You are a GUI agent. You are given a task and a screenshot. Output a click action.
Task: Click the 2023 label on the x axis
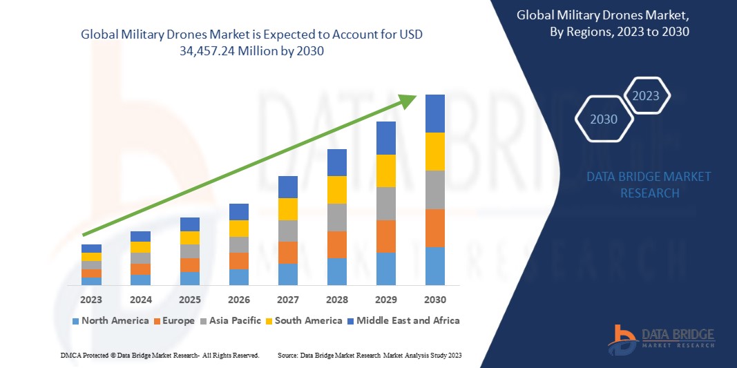pos(91,300)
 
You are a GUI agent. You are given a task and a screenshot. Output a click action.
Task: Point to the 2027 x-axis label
pos(287,300)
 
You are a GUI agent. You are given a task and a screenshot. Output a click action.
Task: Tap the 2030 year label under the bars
pos(434,300)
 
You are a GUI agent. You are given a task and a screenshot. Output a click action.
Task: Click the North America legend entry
pos(111,320)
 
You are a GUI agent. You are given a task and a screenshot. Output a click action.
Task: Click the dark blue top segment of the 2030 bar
pos(434,113)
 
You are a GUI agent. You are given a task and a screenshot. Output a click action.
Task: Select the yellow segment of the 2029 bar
pos(385,171)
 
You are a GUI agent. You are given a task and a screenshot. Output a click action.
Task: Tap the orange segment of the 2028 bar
pos(336,244)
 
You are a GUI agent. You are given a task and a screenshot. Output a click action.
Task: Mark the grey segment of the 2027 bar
pos(287,231)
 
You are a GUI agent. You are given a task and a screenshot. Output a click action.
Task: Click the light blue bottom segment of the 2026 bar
pos(238,277)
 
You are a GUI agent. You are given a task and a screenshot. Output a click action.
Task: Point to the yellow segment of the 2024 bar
pos(140,247)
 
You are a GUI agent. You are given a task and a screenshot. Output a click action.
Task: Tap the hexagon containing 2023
pos(646,96)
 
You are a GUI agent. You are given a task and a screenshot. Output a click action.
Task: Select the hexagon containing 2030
pos(604,119)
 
